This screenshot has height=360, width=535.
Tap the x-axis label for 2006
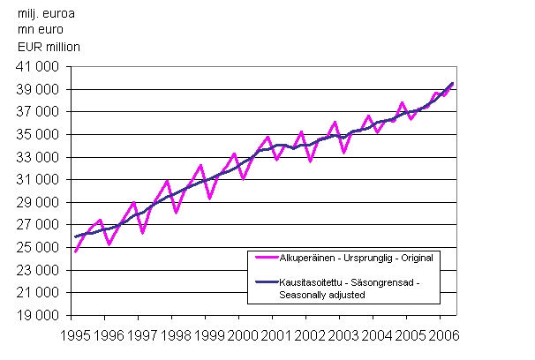[x=443, y=335]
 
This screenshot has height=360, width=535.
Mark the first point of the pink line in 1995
[x=75, y=251]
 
